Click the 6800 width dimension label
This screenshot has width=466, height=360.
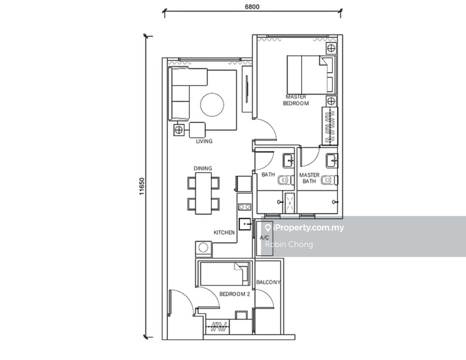[x=252, y=6]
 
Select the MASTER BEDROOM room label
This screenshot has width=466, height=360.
[x=296, y=100]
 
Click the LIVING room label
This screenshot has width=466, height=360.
[x=204, y=141]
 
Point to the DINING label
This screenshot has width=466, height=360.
[x=203, y=168]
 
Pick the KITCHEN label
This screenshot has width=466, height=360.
[x=224, y=232]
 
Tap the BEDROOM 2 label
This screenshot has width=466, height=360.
[x=234, y=295]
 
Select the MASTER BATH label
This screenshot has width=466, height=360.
[x=309, y=178]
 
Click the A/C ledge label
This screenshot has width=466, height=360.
[x=264, y=238]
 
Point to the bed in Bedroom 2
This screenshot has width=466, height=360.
[x=223, y=274]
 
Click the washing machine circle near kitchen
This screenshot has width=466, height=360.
[x=203, y=248]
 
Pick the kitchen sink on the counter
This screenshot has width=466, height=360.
[x=245, y=222]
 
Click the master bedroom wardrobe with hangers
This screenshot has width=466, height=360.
[x=330, y=127]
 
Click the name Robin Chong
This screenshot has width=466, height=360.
[x=288, y=245]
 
